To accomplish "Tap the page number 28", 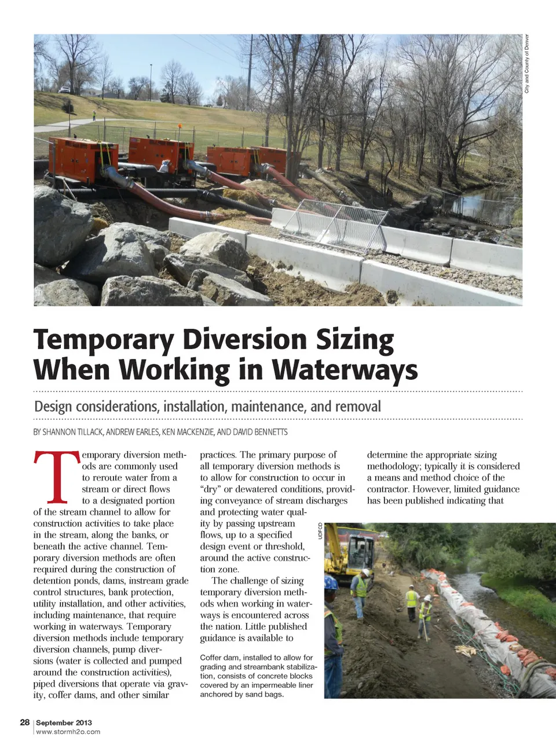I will click(x=25, y=722).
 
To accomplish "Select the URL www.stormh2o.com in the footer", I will click(x=68, y=732).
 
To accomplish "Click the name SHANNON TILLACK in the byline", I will click(x=73, y=432).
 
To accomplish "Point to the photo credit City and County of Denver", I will click(x=527, y=64).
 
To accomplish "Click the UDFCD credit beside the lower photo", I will click(x=320, y=531).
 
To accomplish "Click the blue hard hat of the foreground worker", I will click(x=331, y=582).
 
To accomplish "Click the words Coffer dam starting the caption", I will click(x=219, y=658).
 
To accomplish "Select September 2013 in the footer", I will click(x=64, y=723).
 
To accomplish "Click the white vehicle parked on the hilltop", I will click(x=64, y=89).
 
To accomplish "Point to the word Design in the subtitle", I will click(x=54, y=406).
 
